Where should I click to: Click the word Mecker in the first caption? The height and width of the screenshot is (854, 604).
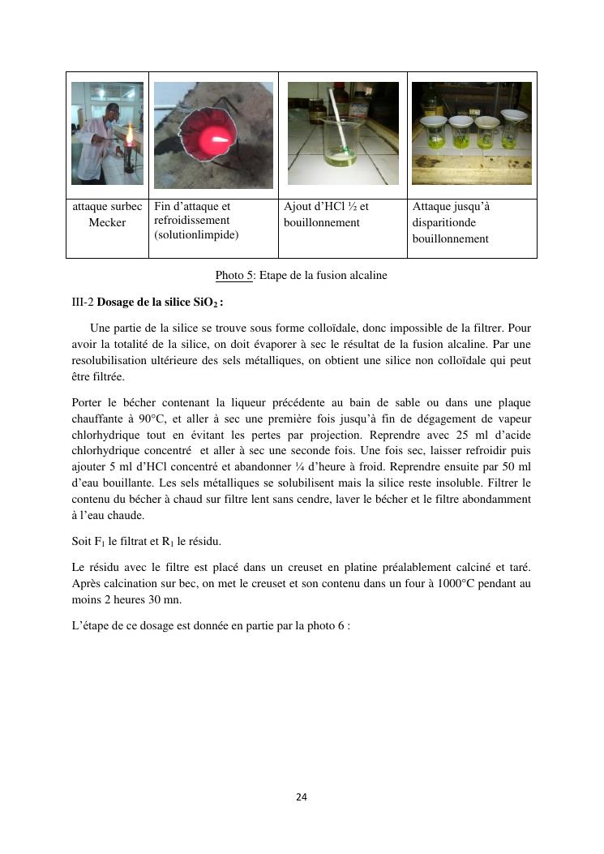107,222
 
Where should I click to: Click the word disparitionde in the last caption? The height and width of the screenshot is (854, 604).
444,222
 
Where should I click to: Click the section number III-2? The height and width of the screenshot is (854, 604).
83,303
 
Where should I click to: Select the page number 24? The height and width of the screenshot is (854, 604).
302,797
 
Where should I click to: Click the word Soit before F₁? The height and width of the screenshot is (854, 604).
81,540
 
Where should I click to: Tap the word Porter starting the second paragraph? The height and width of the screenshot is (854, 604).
87,402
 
